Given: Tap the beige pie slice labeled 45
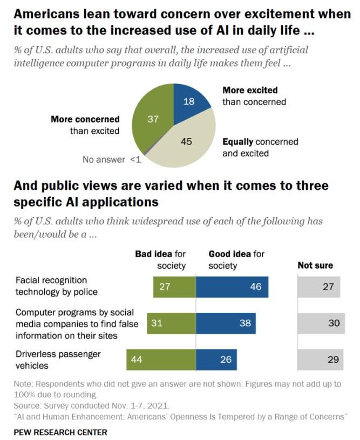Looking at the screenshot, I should [x=186, y=143].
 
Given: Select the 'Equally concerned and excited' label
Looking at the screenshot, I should [x=260, y=147].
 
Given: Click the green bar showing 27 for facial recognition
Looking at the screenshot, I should [x=174, y=287].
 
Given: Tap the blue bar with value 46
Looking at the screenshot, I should [x=232, y=287].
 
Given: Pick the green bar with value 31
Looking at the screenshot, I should [x=171, y=323].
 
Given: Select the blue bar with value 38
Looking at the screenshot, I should [x=226, y=323].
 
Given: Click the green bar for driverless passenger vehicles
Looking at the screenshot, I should [x=161, y=359].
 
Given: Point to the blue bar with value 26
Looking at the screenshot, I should [x=216, y=359].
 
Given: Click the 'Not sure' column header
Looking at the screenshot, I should [x=315, y=265].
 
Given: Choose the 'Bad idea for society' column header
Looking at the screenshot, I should [x=160, y=259].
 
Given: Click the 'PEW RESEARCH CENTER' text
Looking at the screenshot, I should [x=60, y=432].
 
